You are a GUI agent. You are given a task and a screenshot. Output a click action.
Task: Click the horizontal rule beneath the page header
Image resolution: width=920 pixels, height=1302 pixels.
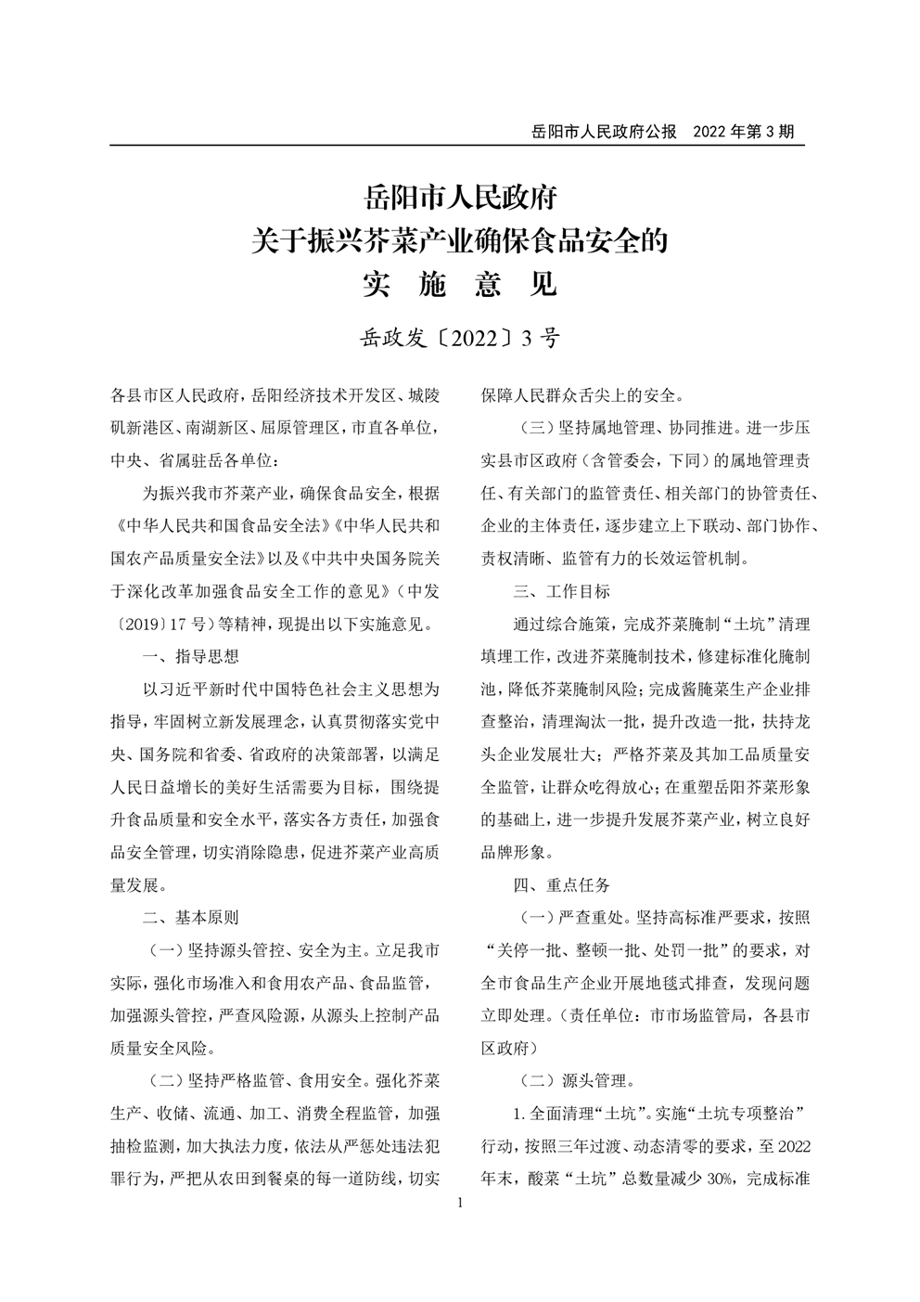[x=457, y=146]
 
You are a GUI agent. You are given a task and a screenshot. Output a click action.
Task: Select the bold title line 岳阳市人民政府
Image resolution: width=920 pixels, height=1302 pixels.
[x=460, y=199]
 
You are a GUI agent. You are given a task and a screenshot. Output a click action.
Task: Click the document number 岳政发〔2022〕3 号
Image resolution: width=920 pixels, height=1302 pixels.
[x=460, y=338]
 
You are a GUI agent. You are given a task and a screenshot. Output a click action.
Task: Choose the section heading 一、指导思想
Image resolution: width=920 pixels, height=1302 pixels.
[x=191, y=656]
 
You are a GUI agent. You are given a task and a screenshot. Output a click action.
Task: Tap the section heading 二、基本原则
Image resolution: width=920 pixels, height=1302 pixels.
[x=191, y=917]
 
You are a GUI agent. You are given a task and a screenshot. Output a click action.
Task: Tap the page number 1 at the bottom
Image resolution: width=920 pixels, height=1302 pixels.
[x=460, y=1204]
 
